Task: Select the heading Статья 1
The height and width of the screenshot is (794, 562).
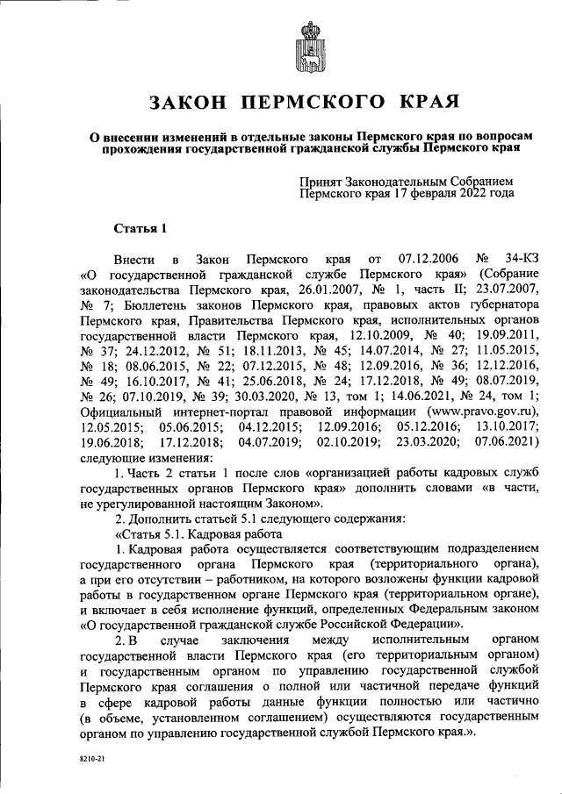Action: [x=141, y=230]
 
